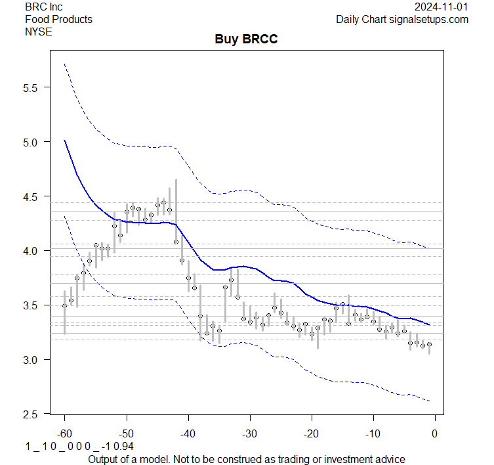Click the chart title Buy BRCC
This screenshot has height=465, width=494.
pyautogui.click(x=246, y=39)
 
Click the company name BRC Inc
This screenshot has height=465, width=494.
pyautogui.click(x=44, y=7)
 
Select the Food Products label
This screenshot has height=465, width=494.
pyautogui.click(x=58, y=19)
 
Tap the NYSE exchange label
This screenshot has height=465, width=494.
pyautogui.click(x=39, y=32)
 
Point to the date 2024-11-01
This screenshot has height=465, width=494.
pyautogui.click(x=442, y=7)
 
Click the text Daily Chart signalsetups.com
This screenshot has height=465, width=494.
pyautogui.click(x=402, y=19)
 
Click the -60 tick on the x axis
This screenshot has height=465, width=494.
pyautogui.click(x=64, y=433)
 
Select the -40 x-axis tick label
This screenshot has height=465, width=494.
pyautogui.click(x=188, y=433)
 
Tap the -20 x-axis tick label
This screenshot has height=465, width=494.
pyautogui.click(x=311, y=433)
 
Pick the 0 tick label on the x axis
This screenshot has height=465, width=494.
pyautogui.click(x=434, y=433)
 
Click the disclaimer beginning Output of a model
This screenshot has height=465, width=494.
pyautogui.click(x=246, y=458)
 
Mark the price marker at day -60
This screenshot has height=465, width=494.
pyautogui.click(x=64, y=305)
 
